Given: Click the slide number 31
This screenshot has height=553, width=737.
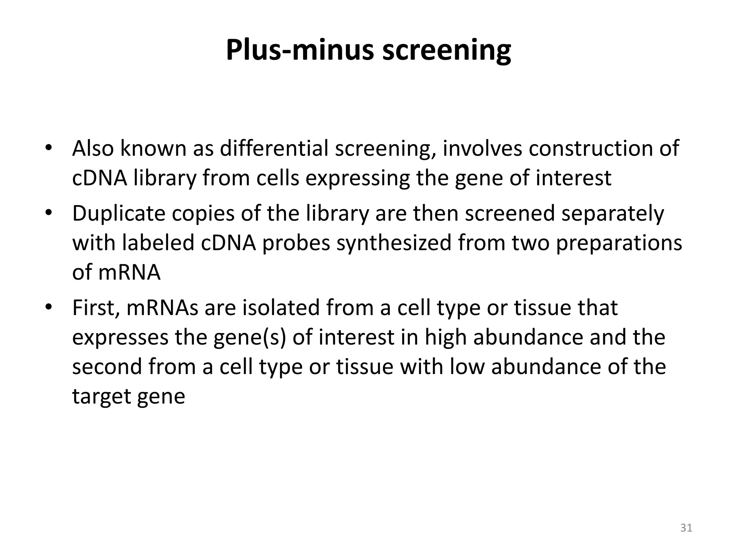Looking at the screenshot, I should click(686, 528).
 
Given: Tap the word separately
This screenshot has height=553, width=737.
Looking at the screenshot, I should click(612, 214).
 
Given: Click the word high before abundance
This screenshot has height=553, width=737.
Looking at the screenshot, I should click(445, 338).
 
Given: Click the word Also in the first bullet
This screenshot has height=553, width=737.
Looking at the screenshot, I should click(93, 148).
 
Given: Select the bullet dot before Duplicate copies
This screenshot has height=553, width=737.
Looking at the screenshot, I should click(49, 212).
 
